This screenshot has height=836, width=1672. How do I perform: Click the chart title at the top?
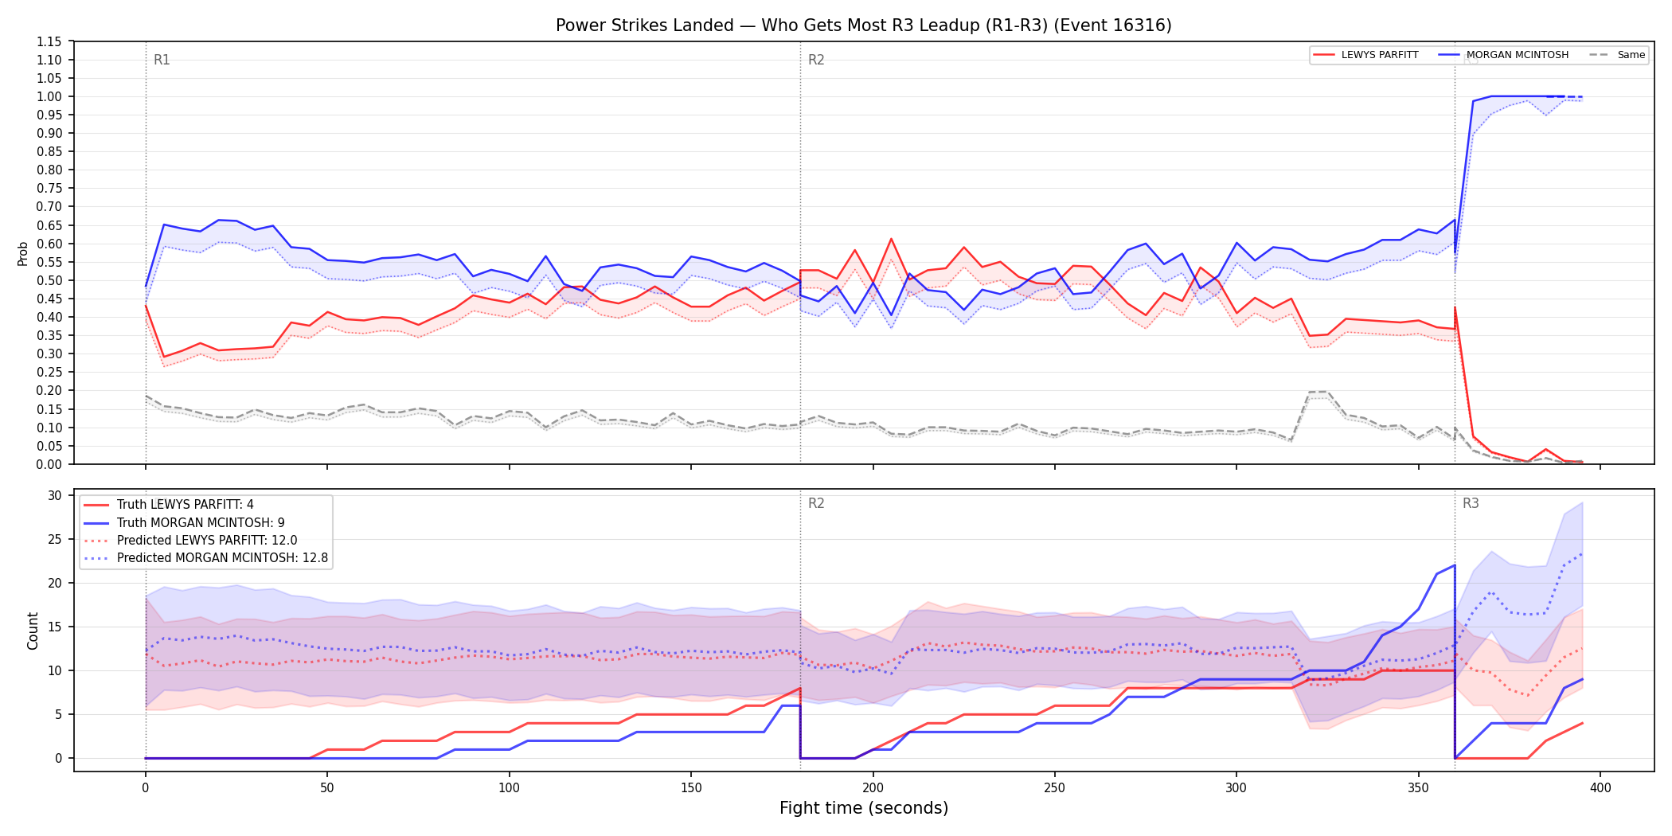864,25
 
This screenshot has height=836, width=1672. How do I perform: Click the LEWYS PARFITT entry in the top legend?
1366,55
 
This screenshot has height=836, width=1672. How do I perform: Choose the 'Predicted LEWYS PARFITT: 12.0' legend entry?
191,540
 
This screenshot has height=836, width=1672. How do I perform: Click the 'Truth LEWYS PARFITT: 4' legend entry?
169,505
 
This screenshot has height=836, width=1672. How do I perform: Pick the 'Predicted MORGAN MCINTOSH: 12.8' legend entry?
206,557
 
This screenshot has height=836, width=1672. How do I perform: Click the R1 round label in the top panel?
162,60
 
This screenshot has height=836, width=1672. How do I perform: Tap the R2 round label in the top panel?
816,60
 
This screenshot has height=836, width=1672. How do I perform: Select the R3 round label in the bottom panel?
1471,503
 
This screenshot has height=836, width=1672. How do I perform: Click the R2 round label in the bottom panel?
816,503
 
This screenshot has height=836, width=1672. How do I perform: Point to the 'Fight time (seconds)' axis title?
864,808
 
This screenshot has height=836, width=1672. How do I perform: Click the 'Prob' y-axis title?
22,253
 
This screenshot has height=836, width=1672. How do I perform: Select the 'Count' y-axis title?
33,631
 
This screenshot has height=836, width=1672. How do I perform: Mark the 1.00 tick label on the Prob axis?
49,96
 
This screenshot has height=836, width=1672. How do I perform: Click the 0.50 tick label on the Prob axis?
49,280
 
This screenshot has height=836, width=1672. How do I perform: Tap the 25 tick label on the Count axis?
55,539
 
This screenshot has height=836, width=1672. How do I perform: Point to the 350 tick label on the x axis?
1418,788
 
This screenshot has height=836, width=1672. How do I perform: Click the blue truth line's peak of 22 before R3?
1455,565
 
